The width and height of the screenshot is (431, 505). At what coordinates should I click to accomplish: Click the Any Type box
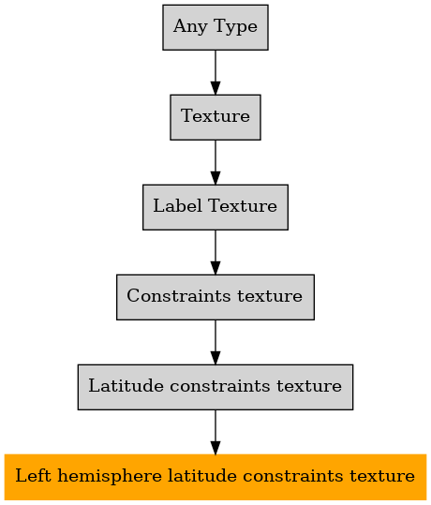pyautogui.click(x=215, y=27)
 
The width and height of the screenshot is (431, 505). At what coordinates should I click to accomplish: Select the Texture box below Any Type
pyautogui.click(x=215, y=117)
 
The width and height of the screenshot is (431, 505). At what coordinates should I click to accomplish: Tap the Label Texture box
pyautogui.click(x=215, y=207)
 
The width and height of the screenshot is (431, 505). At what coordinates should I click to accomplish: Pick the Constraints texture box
pyautogui.click(x=215, y=297)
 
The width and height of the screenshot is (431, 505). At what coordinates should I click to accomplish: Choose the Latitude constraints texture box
pyautogui.click(x=215, y=387)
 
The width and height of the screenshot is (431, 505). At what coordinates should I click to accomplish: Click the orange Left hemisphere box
pyautogui.click(x=215, y=477)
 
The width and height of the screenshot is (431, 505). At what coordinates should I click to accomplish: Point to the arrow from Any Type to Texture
pyautogui.click(x=215, y=72)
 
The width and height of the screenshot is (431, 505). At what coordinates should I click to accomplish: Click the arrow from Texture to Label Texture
pyautogui.click(x=215, y=162)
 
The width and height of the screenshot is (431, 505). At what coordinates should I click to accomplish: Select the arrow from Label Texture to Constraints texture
pyautogui.click(x=215, y=252)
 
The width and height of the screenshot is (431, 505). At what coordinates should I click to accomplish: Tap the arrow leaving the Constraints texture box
pyautogui.click(x=215, y=342)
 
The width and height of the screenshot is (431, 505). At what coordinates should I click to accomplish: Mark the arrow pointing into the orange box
pyautogui.click(x=215, y=432)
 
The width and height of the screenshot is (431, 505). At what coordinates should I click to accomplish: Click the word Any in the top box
pyautogui.click(x=190, y=27)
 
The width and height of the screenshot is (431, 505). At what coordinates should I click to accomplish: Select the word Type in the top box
pyautogui.click(x=235, y=27)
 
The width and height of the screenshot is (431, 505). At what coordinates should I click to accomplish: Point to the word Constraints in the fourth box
pyautogui.click(x=178, y=296)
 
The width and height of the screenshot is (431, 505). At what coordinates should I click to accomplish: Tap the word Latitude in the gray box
pyautogui.click(x=126, y=385)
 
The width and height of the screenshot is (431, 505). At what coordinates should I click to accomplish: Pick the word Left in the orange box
pyautogui.click(x=33, y=476)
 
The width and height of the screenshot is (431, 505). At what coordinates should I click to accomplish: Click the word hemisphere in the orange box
pyautogui.click(x=110, y=477)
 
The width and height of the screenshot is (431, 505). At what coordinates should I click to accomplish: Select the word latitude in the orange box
pyautogui.click(x=202, y=476)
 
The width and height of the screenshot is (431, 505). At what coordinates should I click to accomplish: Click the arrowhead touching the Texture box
pyautogui.click(x=215, y=88)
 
